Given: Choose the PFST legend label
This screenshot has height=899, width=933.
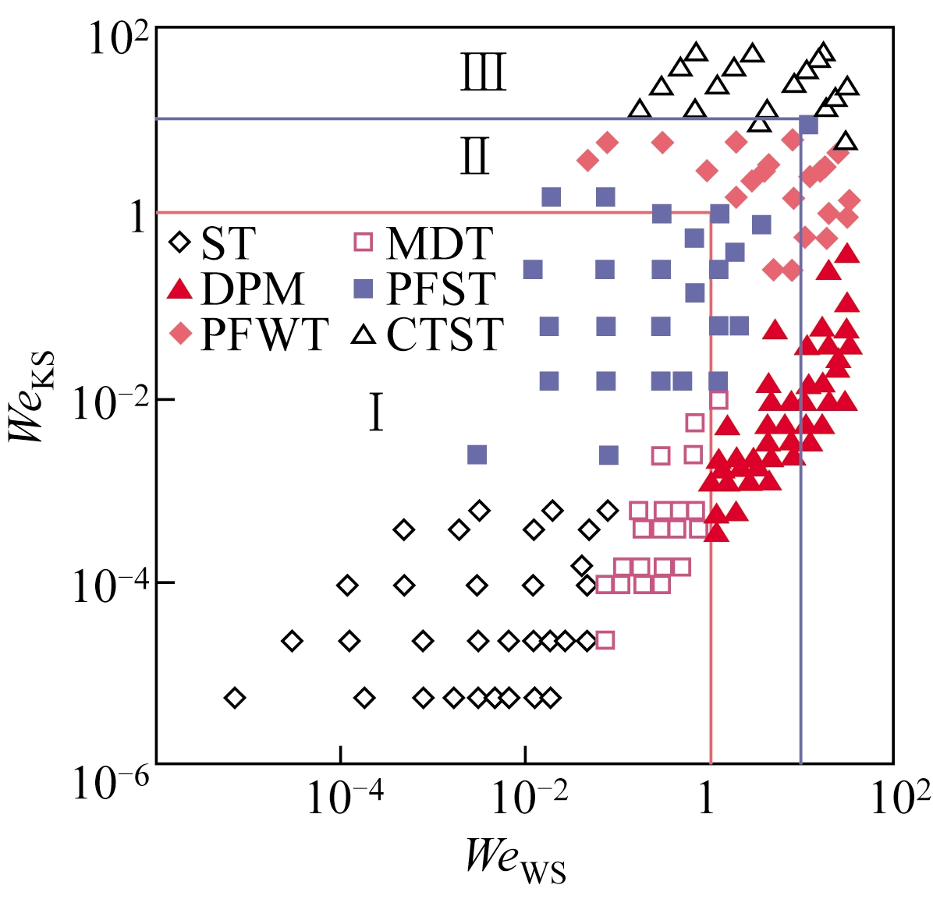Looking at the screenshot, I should (x=442, y=289).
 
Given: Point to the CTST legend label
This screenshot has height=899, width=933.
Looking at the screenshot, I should (x=445, y=334).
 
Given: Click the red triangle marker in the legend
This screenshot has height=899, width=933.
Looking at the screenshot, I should (x=180, y=289).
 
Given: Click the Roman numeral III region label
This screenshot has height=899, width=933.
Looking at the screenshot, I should (x=484, y=73).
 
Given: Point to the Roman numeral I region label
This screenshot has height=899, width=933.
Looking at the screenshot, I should (x=376, y=413).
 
